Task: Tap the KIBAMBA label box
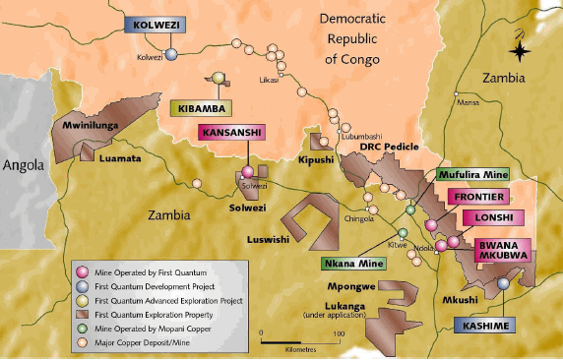click(203, 107)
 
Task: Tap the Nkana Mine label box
click(351, 263)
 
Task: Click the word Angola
click(24, 165)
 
